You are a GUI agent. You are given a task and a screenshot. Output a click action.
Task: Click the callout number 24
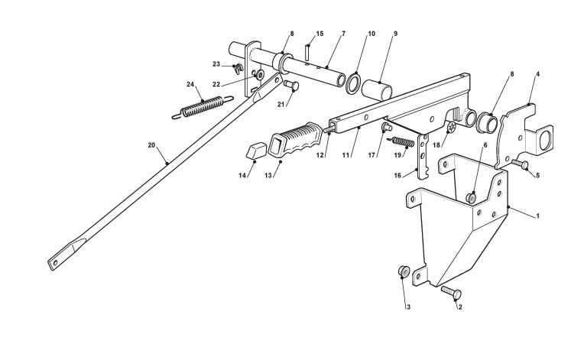190,84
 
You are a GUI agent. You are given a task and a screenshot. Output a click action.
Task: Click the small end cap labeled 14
253,149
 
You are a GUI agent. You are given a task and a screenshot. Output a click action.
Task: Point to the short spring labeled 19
402,141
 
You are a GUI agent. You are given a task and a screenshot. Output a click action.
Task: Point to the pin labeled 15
307,51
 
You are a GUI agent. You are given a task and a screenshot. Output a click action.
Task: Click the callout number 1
537,216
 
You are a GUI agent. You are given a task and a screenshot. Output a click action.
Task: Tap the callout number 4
537,74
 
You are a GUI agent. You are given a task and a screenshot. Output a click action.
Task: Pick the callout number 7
343,34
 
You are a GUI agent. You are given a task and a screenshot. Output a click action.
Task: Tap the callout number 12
320,156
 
